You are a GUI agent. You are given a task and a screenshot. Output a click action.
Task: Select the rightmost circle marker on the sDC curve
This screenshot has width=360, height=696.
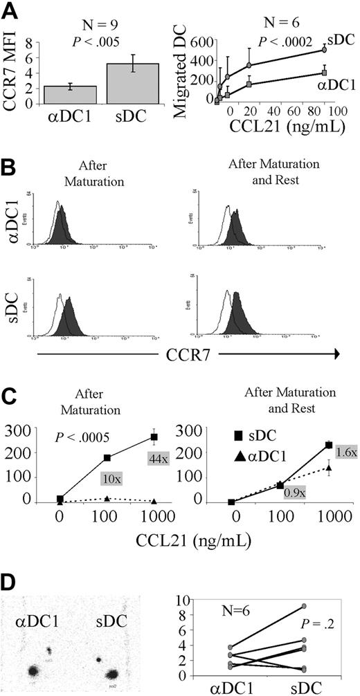coord(323,50)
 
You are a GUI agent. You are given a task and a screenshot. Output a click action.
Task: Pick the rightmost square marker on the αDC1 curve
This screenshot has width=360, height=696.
coord(324,72)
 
